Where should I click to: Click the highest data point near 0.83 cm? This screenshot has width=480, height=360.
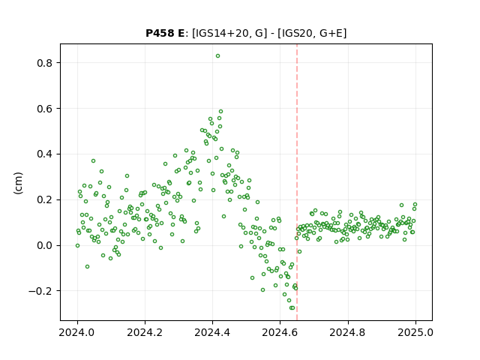pos(217,56)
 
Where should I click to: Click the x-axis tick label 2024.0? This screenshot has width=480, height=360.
pos(77,332)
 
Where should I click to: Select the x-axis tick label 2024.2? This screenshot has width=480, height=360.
pos(145,332)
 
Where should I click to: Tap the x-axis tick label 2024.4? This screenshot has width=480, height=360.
pos(212,332)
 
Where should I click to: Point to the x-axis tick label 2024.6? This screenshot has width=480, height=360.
pos(280,332)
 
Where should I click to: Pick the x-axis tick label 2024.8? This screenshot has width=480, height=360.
pos(347,332)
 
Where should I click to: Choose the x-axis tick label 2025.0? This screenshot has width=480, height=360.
pos(415,332)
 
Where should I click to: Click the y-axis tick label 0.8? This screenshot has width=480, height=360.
pos(45,63)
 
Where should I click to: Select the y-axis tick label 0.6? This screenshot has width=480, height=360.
pos(45,109)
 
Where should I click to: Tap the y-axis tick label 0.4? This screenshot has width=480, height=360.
pos(45,154)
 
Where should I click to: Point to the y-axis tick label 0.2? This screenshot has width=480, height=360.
pos(45,200)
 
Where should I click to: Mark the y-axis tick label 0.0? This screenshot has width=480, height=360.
pos(45,245)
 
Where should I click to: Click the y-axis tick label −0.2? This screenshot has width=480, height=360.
pos(40,291)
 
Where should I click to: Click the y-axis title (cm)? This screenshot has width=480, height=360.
pos(18,183)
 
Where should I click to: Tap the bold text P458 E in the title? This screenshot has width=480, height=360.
pos(165,33)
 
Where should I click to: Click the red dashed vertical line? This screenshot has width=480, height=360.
pos(297,182)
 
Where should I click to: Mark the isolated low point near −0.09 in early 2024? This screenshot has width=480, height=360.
pos(87,267)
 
